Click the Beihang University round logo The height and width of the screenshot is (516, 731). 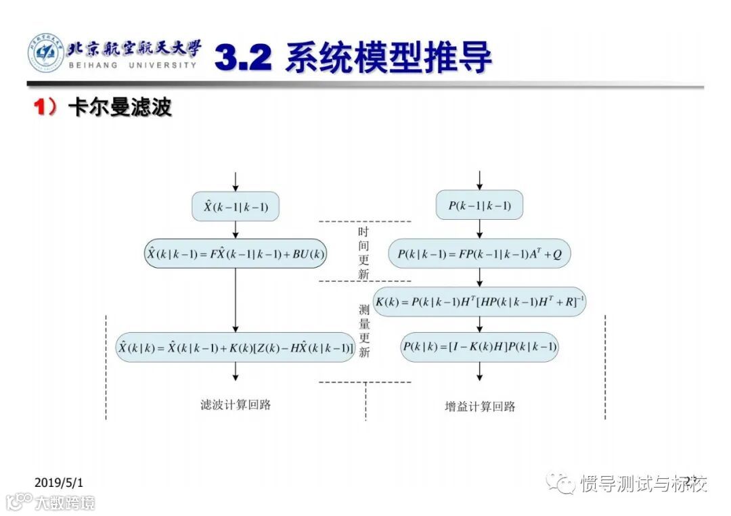46,53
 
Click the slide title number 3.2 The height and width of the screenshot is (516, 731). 243,58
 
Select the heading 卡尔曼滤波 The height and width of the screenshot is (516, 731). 120,108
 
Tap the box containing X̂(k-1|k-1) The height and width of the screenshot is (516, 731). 236,207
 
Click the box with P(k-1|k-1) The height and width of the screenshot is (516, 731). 479,206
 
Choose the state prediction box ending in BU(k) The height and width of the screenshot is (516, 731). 236,254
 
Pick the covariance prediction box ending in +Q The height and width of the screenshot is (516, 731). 480,254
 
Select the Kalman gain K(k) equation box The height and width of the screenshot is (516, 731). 480,302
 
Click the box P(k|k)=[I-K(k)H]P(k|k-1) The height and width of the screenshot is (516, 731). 480,347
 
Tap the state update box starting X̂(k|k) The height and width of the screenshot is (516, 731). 236,347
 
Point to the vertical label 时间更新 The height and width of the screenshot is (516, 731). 364,253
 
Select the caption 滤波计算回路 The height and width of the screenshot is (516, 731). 236,405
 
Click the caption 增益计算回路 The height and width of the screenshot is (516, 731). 480,406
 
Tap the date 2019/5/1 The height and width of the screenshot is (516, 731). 58,482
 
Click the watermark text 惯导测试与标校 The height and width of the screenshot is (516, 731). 643,484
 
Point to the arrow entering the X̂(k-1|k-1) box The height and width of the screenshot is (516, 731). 236,181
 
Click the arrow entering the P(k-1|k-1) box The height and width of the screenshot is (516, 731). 480,180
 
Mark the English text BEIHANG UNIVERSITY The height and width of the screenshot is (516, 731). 133,65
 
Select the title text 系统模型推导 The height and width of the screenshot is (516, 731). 388,58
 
